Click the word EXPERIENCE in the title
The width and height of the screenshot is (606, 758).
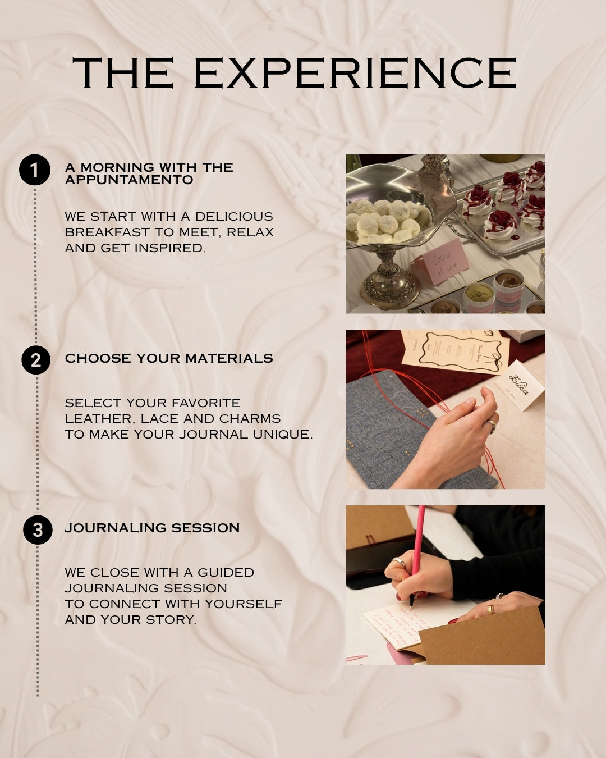coord(355,72)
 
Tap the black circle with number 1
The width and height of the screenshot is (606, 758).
coord(35,170)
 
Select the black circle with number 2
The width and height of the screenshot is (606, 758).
coord(36,360)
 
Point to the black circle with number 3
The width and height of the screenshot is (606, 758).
coord(38,530)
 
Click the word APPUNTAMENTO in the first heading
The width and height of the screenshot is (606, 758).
coord(129,180)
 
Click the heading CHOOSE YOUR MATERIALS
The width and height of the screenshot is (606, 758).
coord(169,358)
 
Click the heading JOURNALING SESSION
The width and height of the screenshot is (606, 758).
coord(152,528)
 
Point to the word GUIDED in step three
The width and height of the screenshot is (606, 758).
coord(225,573)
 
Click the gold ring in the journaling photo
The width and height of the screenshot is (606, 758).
coord(491,609)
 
